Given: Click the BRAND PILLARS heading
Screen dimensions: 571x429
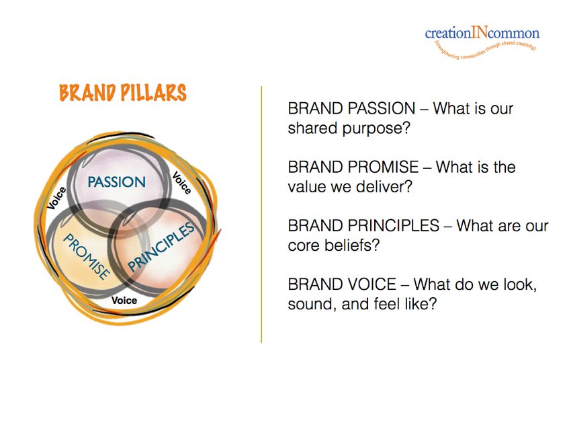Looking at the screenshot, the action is [123, 93].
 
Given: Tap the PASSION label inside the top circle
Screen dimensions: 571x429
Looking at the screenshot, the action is [116, 182].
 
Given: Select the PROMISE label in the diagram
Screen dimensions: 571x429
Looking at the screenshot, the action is [87, 257].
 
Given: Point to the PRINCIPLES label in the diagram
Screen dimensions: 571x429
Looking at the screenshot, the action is [162, 247].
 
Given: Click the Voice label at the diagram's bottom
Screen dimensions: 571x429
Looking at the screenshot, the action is [124, 301].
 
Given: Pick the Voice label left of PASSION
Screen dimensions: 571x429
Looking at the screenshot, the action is [57, 198].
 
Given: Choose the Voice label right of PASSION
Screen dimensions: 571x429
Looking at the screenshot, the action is [181, 183].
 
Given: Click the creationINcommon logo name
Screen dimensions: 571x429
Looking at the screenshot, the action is [482, 33].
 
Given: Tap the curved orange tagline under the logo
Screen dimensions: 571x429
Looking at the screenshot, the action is [485, 50].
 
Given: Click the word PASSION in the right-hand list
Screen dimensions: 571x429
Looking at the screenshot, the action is [382, 108].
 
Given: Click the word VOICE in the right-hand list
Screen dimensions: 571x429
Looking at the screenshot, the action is [371, 284].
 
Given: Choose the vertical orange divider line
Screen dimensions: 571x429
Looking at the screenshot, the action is [261, 214].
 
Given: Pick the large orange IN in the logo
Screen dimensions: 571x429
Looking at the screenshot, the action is [479, 32].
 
